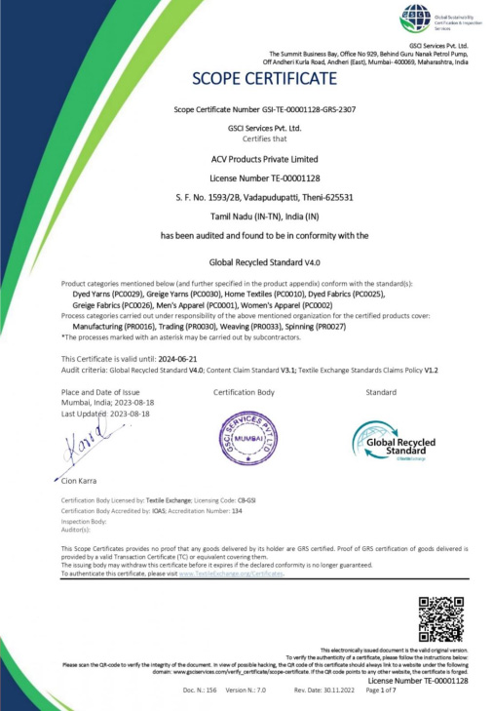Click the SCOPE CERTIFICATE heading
(x=246, y=78)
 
